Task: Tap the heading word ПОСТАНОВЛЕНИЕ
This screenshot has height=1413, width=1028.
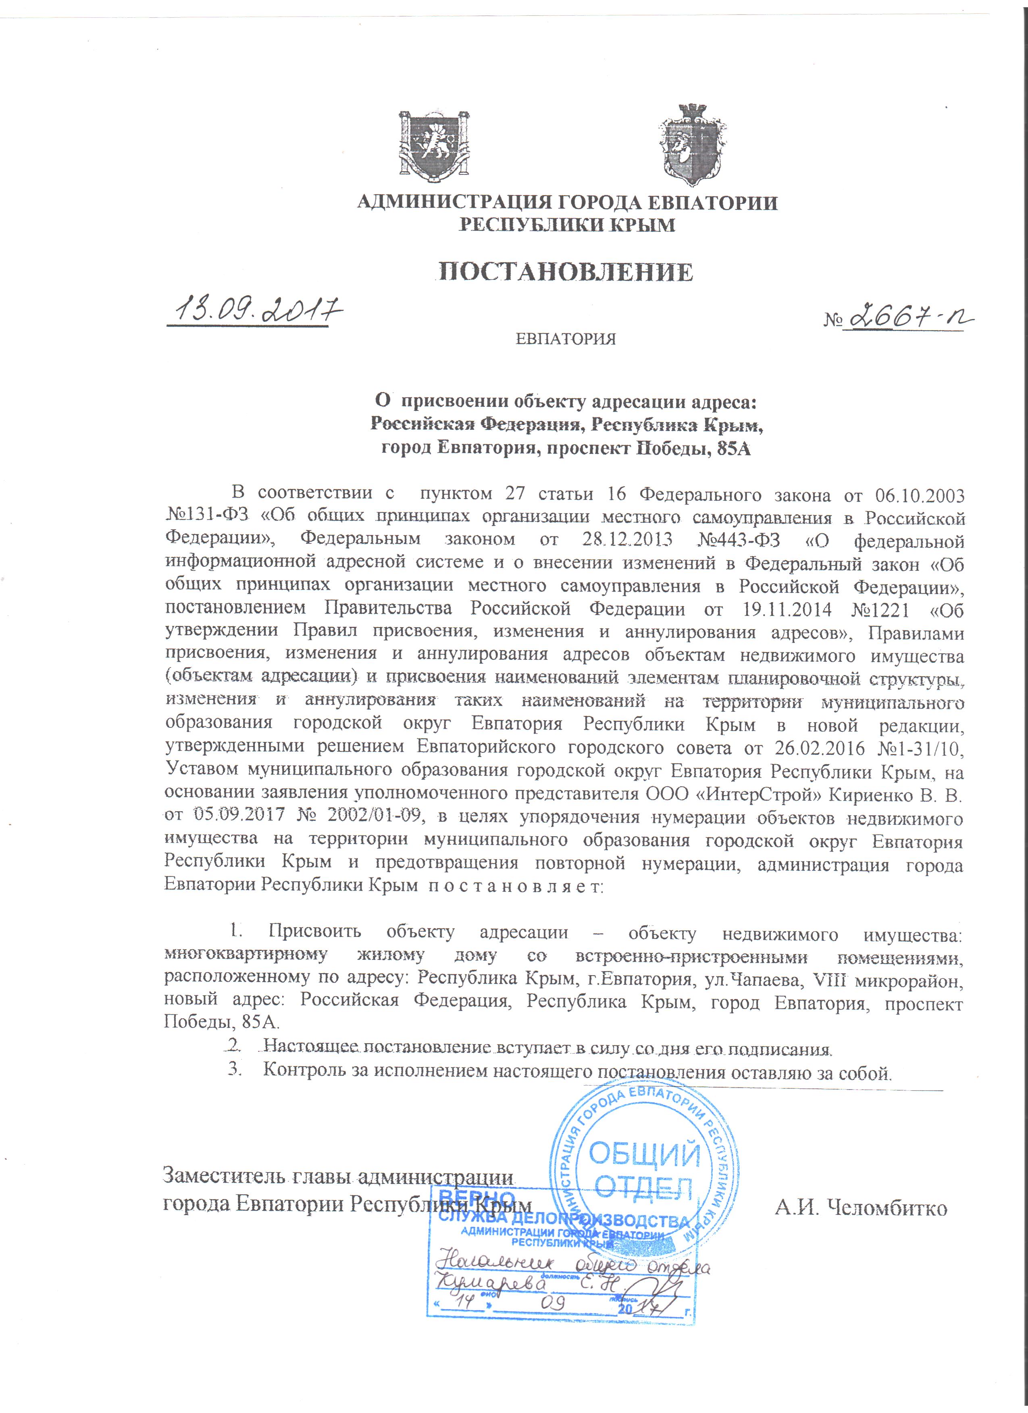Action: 566,272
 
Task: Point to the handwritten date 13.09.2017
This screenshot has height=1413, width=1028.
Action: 256,309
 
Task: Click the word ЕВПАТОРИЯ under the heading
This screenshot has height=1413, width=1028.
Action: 566,340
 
